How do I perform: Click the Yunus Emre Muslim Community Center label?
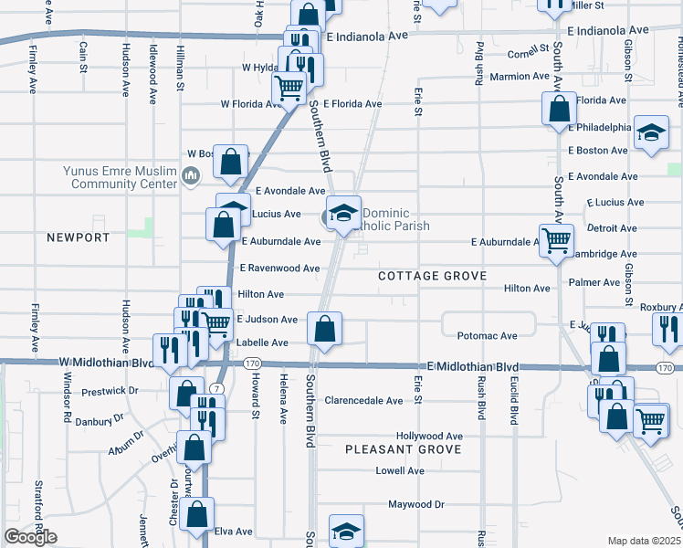click(x=120, y=176)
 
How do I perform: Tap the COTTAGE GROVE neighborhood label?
click(x=432, y=275)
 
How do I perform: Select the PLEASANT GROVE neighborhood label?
click(x=403, y=449)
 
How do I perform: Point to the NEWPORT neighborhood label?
click(x=78, y=237)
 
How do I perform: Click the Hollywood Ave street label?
click(x=429, y=437)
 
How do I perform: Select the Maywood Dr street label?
click(x=415, y=504)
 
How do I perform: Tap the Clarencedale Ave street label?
click(x=363, y=400)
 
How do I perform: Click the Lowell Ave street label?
click(x=400, y=471)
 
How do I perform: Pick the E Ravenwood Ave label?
click(x=279, y=269)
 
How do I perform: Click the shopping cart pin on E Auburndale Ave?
click(x=555, y=241)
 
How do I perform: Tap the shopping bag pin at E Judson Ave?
click(x=324, y=329)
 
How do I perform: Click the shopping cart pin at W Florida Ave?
click(x=289, y=89)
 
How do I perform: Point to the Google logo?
click(x=30, y=537)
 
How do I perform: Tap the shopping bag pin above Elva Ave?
click(x=197, y=513)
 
